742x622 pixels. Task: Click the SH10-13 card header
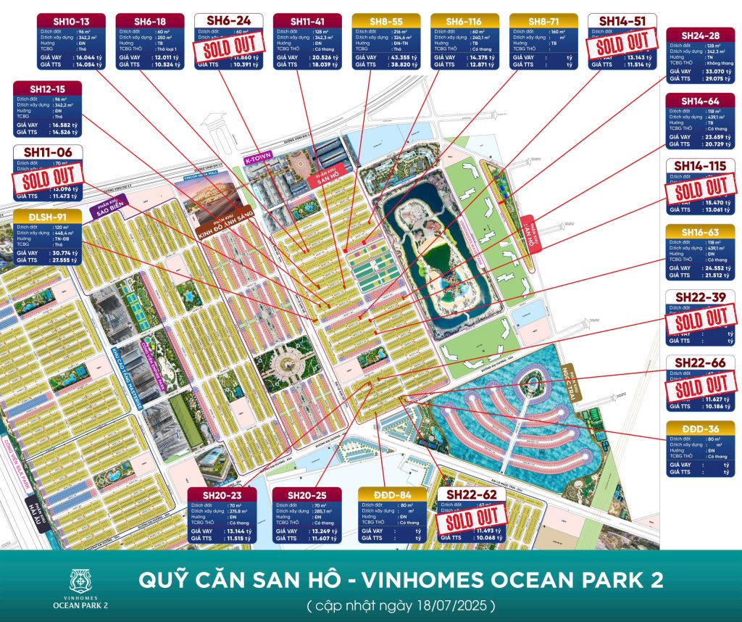pyautogui.click(x=72, y=20)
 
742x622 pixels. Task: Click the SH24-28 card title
pyautogui.click(x=700, y=36)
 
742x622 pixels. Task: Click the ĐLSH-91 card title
pyautogui.click(x=47, y=216)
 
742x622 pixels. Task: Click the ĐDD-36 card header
pyautogui.click(x=700, y=428)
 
